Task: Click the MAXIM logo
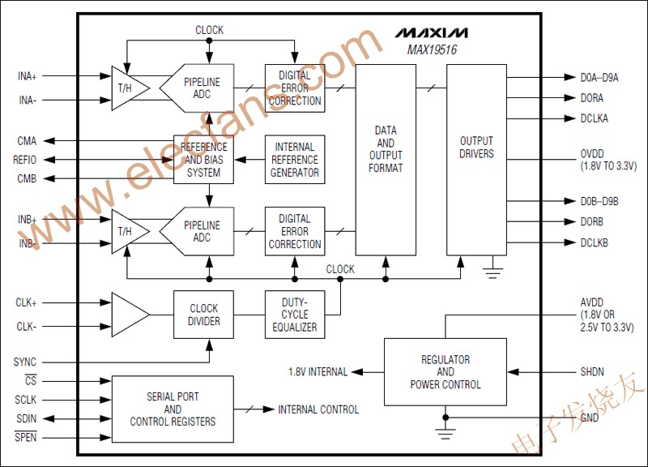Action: click(431, 33)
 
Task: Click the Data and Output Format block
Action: click(386, 149)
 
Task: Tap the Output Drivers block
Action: click(476, 148)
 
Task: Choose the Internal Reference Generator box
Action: click(295, 160)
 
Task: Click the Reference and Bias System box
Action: click(203, 160)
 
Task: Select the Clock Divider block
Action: click(203, 315)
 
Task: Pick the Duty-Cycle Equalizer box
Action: click(295, 315)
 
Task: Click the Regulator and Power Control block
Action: click(445, 372)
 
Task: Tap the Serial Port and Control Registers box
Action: click(173, 409)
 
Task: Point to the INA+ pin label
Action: click(27, 76)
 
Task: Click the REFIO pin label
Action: click(26, 160)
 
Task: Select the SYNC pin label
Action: click(25, 362)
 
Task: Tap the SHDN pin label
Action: click(592, 372)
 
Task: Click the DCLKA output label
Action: click(595, 118)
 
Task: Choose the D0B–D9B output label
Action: click(599, 201)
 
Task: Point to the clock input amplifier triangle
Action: click(129, 315)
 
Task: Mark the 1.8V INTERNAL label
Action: click(318, 372)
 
